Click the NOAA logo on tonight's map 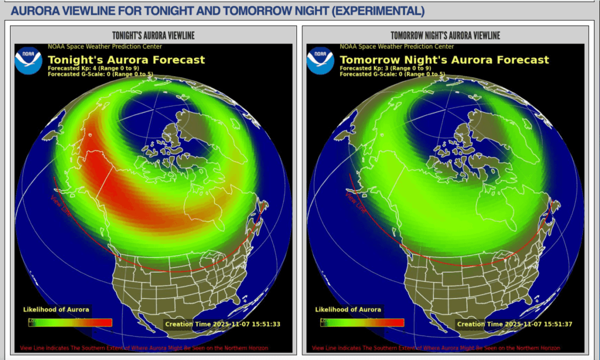click(29, 60)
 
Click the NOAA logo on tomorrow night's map click(321, 60)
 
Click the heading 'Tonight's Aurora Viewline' click(154, 36)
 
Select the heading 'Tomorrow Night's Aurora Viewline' click(445, 36)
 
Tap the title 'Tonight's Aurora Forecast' click(126, 60)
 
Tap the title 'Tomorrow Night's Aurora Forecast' click(444, 60)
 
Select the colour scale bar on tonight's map click(70, 322)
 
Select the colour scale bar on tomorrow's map click(362, 322)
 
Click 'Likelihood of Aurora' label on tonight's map click(56, 310)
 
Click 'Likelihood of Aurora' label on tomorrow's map click(348, 310)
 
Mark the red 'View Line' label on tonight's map click(59, 205)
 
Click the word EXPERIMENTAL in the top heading click(374, 11)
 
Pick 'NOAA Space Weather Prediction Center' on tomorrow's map click(397, 46)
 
